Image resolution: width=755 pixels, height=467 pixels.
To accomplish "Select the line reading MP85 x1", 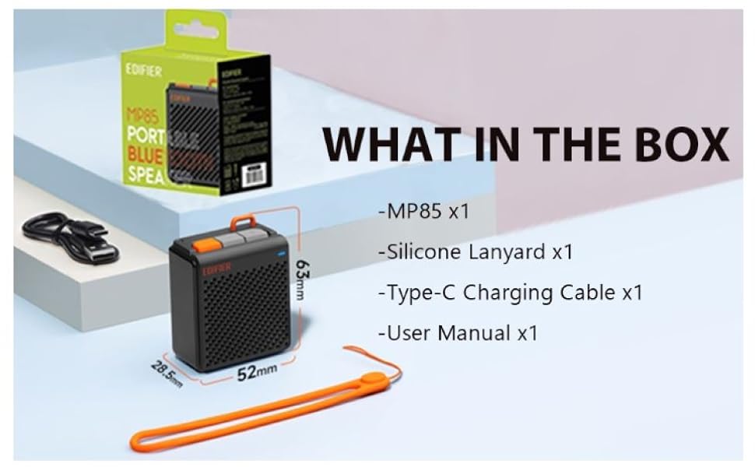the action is click(x=423, y=211).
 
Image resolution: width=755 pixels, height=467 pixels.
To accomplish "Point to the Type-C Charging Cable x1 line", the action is click(x=510, y=293).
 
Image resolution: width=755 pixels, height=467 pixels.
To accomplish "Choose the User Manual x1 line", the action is click(x=458, y=333).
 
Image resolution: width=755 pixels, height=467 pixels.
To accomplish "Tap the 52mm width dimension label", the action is click(x=257, y=373).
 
